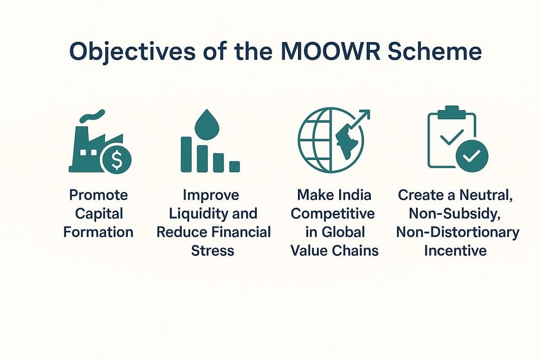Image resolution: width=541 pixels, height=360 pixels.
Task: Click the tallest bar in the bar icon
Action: pyautogui.click(x=186, y=154)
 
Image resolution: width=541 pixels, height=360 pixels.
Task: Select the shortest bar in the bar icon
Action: pyautogui.click(x=235, y=166)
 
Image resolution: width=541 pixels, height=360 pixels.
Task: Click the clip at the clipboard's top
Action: pyautogui.click(x=452, y=112)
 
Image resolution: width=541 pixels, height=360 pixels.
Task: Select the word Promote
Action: pyautogui.click(x=99, y=195)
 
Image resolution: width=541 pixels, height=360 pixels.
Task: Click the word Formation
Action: pyautogui.click(x=99, y=232)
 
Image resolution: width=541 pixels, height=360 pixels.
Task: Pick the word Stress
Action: pyautogui.click(x=213, y=250)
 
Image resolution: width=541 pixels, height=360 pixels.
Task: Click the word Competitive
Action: pyautogui.click(x=334, y=214)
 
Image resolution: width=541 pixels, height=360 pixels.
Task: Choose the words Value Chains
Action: pyautogui.click(x=334, y=250)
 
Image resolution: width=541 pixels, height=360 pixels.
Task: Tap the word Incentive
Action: pyautogui.click(x=455, y=250)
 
